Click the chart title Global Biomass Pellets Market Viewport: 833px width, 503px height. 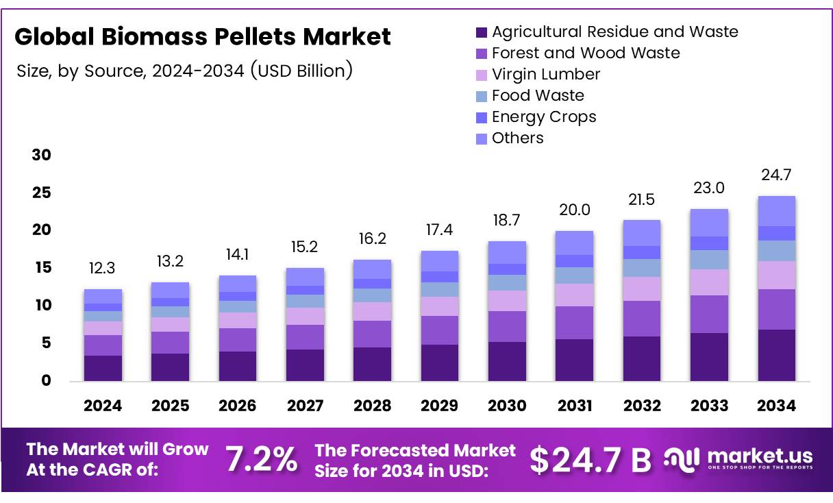point(203,36)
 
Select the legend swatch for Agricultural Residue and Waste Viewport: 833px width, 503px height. point(481,32)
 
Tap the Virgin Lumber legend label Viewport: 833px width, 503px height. point(546,74)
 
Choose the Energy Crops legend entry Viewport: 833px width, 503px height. point(544,116)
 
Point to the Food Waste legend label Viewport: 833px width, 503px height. point(538,95)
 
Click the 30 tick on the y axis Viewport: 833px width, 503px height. point(42,156)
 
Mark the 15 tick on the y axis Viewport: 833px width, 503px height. point(42,268)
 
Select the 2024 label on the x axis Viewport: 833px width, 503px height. point(103,406)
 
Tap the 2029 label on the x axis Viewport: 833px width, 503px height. point(440,406)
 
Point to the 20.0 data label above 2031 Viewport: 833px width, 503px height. point(575,210)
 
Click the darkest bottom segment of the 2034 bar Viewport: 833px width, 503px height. point(777,355)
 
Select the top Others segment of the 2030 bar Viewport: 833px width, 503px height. point(507,252)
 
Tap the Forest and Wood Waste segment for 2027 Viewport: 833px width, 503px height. point(305,337)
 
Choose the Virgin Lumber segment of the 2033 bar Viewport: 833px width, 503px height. point(709,282)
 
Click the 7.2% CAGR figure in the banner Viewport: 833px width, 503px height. point(262,460)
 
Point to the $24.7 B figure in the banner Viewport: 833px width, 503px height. point(590,460)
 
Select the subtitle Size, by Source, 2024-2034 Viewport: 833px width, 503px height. point(184,70)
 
